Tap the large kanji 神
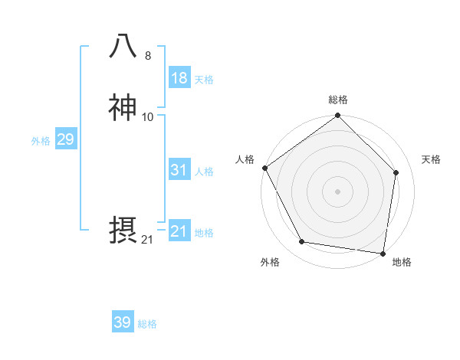[123, 108]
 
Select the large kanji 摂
[123, 230]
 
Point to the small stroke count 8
[148, 56]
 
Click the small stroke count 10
[148, 116]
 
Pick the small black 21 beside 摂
[147, 240]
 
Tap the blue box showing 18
[179, 78]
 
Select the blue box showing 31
[179, 170]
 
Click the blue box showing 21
[179, 231]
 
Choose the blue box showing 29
[65, 139]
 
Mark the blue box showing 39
[122, 322]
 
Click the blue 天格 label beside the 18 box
[204, 80]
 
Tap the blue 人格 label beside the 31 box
[204, 172]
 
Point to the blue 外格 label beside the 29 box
[41, 141]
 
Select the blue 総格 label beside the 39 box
[147, 324]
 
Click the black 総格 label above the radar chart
[337, 100]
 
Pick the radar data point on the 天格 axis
[396, 172]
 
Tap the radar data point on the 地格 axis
[383, 253]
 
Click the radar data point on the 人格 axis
[264, 168]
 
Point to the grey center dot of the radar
[337, 191]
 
